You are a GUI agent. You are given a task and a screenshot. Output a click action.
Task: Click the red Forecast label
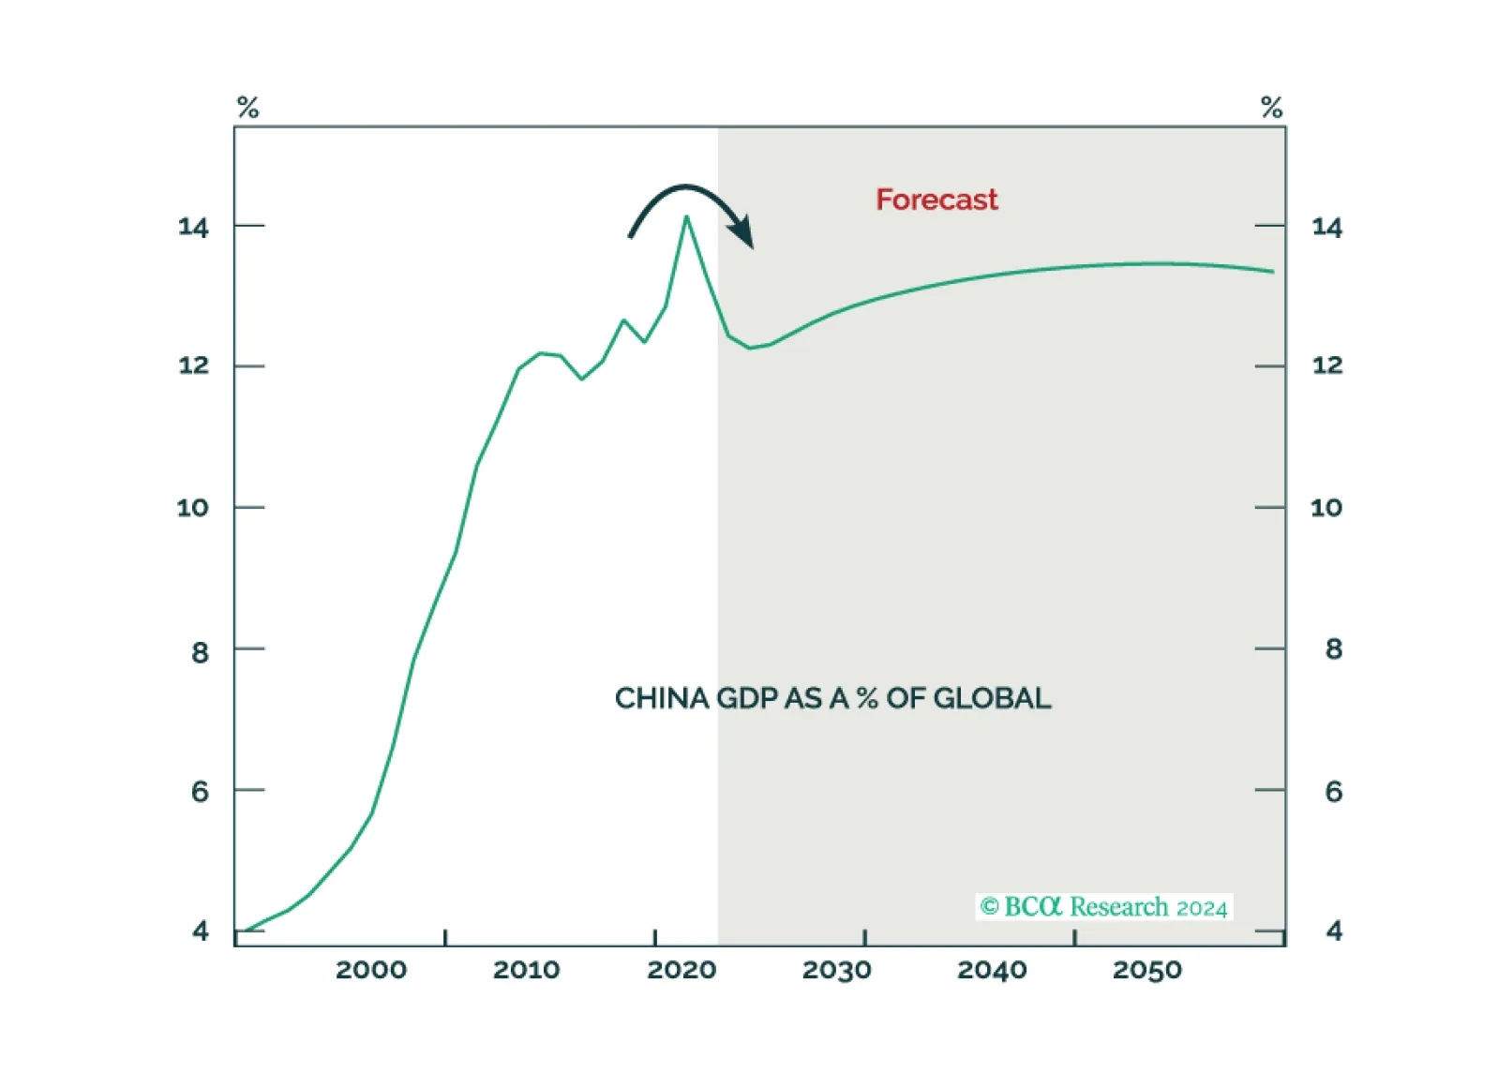point(936,200)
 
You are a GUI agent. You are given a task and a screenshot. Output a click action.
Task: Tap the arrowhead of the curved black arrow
point(743,232)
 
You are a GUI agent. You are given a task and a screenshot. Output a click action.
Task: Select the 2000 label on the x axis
point(371,970)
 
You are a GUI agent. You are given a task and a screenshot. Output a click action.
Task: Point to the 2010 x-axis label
point(526,970)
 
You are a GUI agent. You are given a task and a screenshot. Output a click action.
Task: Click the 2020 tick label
point(682,970)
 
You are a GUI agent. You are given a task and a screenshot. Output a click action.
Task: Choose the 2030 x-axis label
point(836,970)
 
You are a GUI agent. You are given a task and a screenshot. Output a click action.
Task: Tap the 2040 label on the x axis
point(992,970)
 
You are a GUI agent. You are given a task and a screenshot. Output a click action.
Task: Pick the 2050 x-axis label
point(1146,970)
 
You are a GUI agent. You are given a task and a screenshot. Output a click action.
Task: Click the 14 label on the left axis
point(193,227)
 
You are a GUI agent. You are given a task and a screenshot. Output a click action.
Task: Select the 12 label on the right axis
point(1326,365)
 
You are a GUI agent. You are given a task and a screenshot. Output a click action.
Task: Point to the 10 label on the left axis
point(192,508)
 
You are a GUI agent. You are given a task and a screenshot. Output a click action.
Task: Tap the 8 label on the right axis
point(1334,649)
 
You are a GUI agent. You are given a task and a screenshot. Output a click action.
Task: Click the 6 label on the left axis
point(200,792)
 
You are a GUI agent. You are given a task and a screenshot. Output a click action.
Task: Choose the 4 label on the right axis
point(1334,931)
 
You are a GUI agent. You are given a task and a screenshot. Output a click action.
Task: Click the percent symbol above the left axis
point(247,107)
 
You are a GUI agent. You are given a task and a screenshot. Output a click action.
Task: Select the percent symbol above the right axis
point(1271,107)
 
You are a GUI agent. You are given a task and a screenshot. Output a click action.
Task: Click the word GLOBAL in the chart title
point(992,698)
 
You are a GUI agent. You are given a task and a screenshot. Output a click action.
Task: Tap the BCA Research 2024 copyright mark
point(1103,907)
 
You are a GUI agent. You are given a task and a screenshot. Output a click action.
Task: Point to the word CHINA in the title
point(662,698)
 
